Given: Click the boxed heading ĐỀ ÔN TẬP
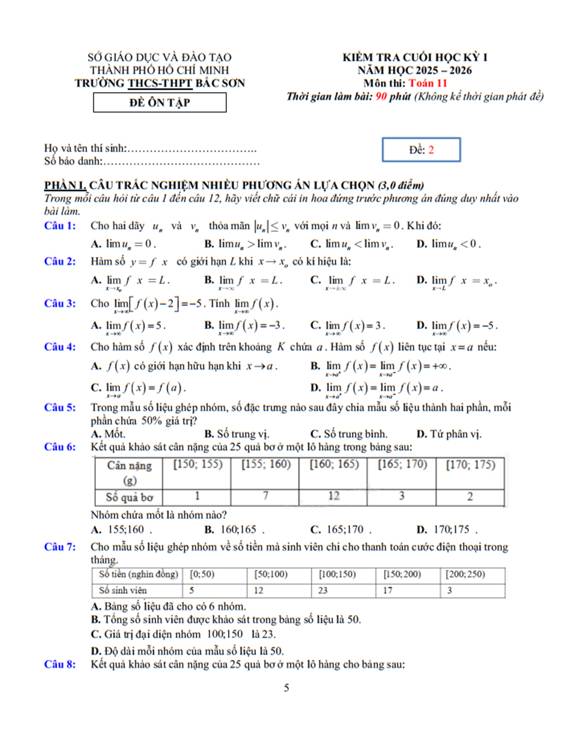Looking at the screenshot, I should pyautogui.click(x=159, y=103).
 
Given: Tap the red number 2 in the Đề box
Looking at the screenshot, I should pyautogui.click(x=431, y=150).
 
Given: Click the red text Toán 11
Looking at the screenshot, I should pyautogui.click(x=428, y=83).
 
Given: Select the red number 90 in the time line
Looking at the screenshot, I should pyautogui.click(x=381, y=97).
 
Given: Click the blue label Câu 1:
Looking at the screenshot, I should pyautogui.click(x=60, y=226).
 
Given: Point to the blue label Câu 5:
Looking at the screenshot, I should pyautogui.click(x=60, y=407).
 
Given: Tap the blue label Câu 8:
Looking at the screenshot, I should pyautogui.click(x=60, y=664).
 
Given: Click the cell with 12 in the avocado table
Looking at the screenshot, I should pyautogui.click(x=333, y=496).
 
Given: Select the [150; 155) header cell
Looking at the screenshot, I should pyautogui.click(x=197, y=465).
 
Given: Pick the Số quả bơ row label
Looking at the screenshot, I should pyautogui.click(x=129, y=497).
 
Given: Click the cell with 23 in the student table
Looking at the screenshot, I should pyautogui.click(x=323, y=590).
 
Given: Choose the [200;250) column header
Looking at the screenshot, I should pyautogui.click(x=466, y=574).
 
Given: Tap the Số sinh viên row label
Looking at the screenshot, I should pyautogui.click(x=123, y=590).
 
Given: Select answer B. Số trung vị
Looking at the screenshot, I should pyautogui.click(x=236, y=434).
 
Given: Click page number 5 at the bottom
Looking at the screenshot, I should pyautogui.click(x=287, y=688).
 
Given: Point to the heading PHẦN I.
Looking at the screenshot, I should pyautogui.click(x=65, y=185).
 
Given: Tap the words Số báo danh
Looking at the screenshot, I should pyautogui.click(x=73, y=161).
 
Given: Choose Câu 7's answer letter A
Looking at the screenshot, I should pyautogui.click(x=96, y=607).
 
